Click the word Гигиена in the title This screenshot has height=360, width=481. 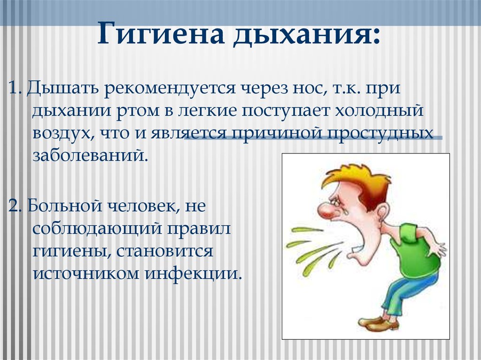[x=161, y=34]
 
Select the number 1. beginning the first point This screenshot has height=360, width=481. [x=15, y=88]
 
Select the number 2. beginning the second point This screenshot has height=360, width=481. [x=15, y=206]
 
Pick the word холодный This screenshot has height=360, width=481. [x=379, y=112]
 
